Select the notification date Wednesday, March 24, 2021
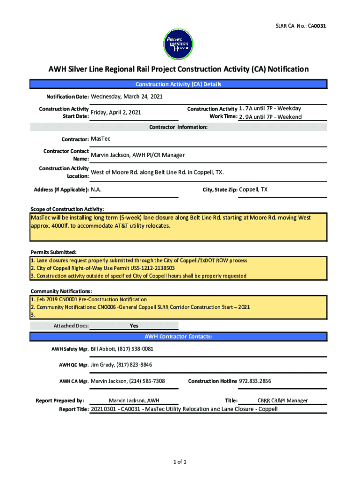(x=127, y=97)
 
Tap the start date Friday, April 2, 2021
(x=115, y=113)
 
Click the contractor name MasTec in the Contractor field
(x=101, y=139)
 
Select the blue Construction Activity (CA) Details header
(x=178, y=84)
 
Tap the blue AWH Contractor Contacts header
(x=178, y=336)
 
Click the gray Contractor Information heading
(x=178, y=127)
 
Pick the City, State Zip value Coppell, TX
(x=253, y=189)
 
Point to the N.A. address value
(x=96, y=190)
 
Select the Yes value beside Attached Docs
(x=134, y=326)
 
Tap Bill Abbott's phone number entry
(x=122, y=349)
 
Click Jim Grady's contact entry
(x=121, y=365)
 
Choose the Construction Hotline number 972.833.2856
(x=255, y=381)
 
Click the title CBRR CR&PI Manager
(x=282, y=401)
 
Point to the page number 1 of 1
(x=180, y=463)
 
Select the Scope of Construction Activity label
(x=67, y=209)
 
